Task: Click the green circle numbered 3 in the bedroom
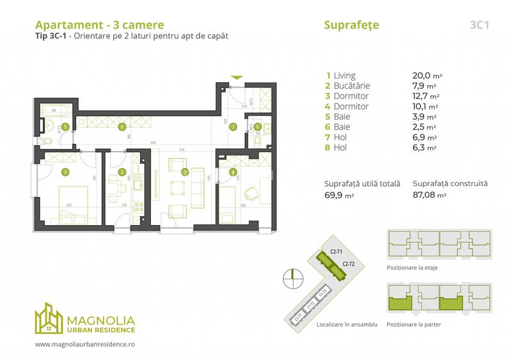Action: [x=66, y=171]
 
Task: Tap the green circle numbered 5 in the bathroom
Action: [x=67, y=127]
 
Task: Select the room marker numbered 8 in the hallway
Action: [x=121, y=127]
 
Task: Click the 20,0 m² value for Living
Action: [x=428, y=75]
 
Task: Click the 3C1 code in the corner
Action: [x=479, y=26]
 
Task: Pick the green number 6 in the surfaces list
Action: [x=328, y=127]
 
